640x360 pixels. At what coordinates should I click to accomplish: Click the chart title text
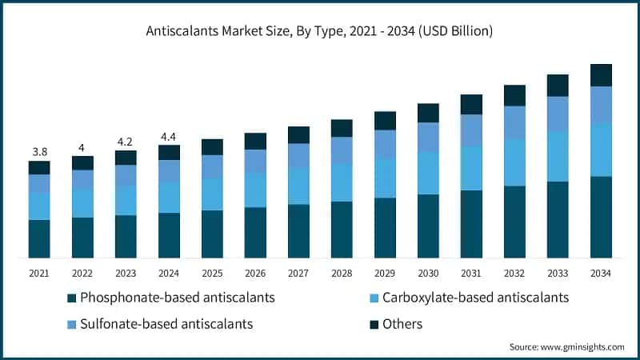click(x=320, y=32)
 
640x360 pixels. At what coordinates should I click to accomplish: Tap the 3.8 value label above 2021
click(x=38, y=152)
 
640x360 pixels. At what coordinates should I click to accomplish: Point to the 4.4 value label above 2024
click(x=169, y=136)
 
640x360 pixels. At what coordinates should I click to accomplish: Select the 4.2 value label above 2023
click(x=126, y=142)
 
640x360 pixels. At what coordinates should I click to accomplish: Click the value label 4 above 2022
click(x=82, y=147)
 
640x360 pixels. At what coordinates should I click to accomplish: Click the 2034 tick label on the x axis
click(x=601, y=274)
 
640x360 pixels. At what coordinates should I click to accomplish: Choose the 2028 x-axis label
click(x=342, y=274)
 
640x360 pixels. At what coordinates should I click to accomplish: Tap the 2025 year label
click(x=212, y=274)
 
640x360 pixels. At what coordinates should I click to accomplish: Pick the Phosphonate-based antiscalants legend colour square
click(x=72, y=298)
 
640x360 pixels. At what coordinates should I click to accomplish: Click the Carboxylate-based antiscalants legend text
click(x=475, y=298)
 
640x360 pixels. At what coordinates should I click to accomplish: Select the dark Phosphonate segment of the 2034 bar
click(x=601, y=217)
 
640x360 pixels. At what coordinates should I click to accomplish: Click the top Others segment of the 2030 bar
click(x=428, y=113)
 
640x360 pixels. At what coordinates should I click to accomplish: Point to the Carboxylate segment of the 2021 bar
click(x=39, y=206)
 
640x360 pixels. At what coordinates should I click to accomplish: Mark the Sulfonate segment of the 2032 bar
click(x=514, y=122)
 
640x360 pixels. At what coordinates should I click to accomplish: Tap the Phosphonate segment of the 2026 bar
click(x=255, y=232)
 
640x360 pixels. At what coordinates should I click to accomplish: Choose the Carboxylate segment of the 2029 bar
click(x=385, y=178)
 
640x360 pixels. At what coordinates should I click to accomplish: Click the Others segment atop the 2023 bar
click(x=126, y=158)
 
